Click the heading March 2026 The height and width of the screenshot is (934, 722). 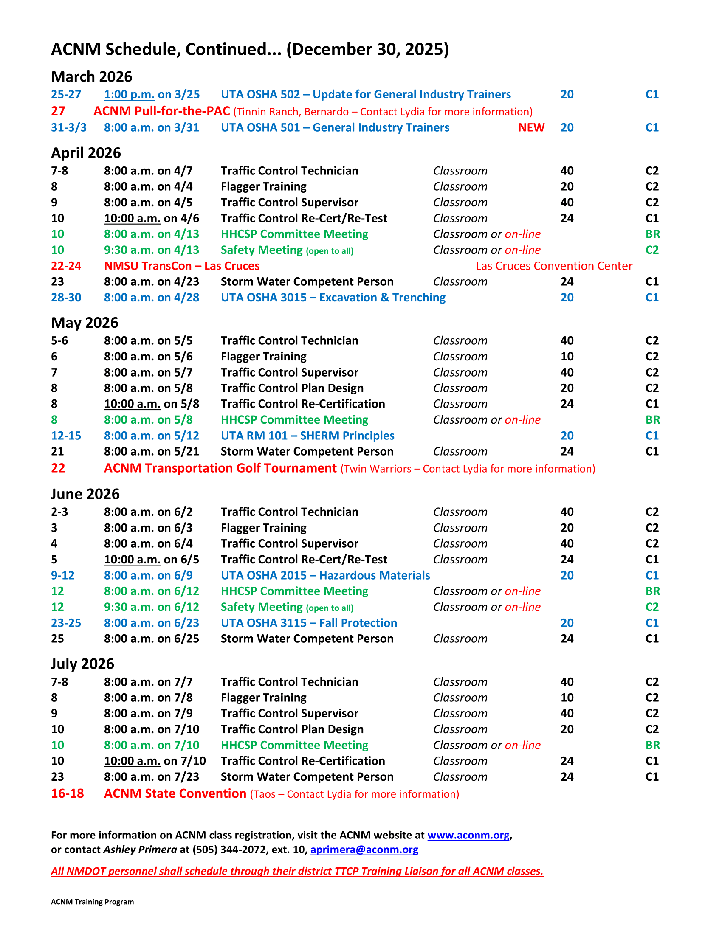coord(92,77)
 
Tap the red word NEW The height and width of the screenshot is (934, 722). coord(531,128)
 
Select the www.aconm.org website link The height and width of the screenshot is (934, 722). coord(468,835)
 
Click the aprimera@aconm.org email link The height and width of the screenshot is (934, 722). coord(364,850)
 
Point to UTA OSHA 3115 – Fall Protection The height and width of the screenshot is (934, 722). coord(309,623)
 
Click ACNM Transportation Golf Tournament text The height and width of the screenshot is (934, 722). coord(220,468)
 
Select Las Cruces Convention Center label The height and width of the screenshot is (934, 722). coord(554,266)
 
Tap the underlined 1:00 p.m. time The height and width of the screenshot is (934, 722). coord(129,95)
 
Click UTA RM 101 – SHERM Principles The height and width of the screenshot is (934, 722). coord(307,436)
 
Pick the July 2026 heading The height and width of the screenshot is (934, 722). coord(82,664)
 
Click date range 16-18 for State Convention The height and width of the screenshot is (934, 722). coord(67,794)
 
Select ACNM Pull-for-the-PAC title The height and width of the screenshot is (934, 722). coord(162,111)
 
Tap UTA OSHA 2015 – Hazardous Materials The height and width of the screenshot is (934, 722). coord(325,576)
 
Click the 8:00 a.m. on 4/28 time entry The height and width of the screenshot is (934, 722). coord(152,298)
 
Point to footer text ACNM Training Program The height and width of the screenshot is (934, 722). coord(93,902)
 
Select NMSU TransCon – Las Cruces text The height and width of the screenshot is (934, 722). coord(182,266)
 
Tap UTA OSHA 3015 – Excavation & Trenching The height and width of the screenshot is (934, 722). coord(333,298)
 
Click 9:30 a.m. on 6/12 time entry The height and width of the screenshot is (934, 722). coord(152,607)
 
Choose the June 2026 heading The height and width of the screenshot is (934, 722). coord(85,494)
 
